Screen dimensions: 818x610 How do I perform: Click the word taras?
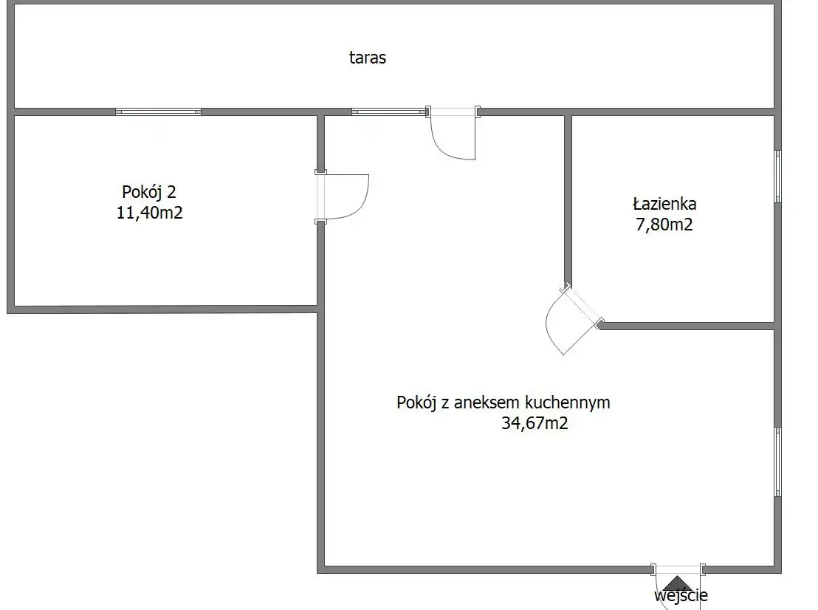click(367, 58)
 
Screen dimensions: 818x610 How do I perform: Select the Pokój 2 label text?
click(149, 192)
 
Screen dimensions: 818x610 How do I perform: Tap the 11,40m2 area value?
click(150, 213)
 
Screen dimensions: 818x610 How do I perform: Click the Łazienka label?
click(664, 204)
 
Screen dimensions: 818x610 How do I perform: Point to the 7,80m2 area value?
click(664, 225)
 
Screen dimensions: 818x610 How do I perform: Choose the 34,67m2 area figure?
click(535, 422)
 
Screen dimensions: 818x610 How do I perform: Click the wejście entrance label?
click(681, 595)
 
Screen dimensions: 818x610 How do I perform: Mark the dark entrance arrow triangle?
click(677, 583)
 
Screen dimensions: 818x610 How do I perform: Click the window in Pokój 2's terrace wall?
click(158, 112)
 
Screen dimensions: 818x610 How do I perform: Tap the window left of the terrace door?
click(388, 112)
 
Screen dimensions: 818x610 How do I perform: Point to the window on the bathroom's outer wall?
click(777, 177)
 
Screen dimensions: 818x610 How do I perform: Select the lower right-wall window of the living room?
click(777, 462)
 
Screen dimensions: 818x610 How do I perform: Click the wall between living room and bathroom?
click(568, 199)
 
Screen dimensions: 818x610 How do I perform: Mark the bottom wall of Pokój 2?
click(162, 309)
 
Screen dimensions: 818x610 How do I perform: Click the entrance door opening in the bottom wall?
click(678, 569)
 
